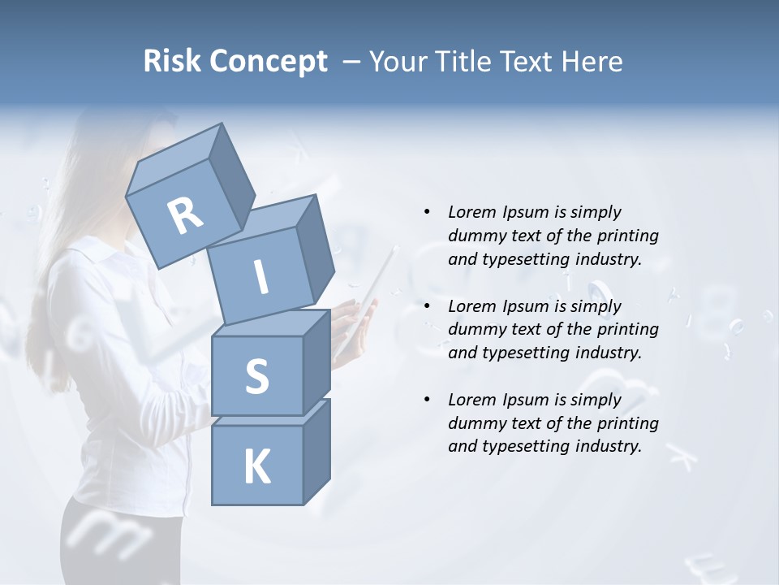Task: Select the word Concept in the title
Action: (269, 63)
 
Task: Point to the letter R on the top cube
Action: (185, 216)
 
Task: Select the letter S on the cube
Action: (256, 376)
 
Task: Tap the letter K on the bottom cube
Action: (256, 467)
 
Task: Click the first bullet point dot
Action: (427, 213)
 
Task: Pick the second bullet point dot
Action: (427, 306)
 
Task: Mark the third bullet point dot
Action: (427, 400)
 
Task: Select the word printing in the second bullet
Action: (627, 329)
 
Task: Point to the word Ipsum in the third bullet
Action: (525, 400)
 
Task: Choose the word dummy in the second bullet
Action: (475, 329)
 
